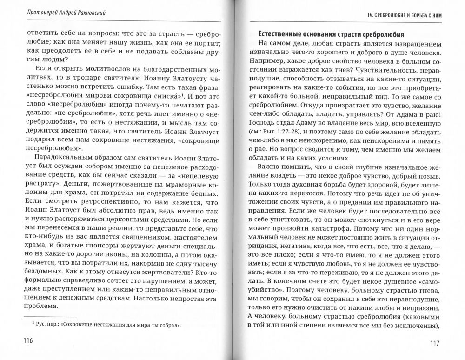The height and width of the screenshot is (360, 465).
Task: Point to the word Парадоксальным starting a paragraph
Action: coord(59,154)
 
